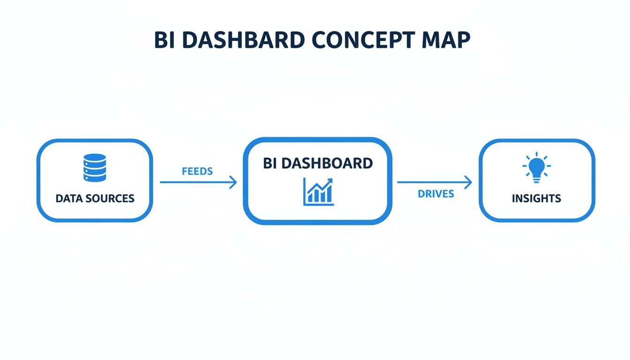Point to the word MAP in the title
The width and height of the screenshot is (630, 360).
coord(447,41)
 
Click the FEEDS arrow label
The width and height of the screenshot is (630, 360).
coord(197,171)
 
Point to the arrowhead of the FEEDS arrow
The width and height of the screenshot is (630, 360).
coord(234,182)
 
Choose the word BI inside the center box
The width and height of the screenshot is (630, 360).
coord(269,163)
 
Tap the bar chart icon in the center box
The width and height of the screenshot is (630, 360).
coord(318,191)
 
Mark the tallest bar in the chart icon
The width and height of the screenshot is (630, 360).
coord(329,193)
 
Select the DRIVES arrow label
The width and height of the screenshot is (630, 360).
coord(436,194)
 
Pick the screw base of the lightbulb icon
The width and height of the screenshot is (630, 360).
coord(536,179)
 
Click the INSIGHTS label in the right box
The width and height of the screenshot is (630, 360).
coord(536,198)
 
